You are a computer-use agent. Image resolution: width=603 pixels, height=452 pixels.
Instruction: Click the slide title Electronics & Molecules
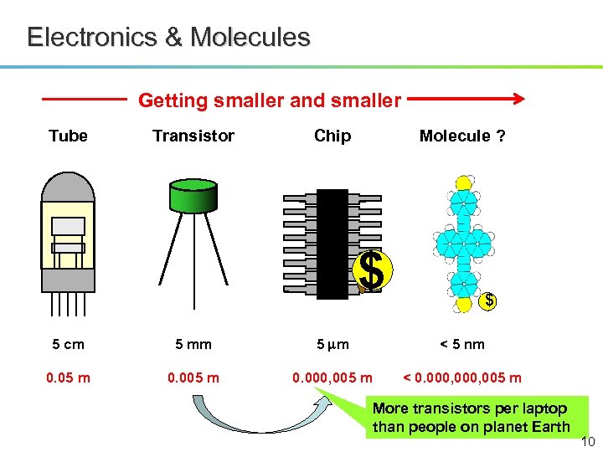[168, 38]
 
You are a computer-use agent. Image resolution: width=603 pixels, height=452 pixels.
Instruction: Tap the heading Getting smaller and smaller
[270, 101]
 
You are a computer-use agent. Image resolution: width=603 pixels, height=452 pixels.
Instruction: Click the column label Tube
[68, 136]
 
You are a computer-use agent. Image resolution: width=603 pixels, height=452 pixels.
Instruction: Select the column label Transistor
[193, 136]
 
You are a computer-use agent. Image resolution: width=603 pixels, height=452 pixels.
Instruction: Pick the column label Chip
[332, 136]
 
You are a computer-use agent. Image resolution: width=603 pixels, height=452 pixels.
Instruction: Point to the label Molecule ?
[462, 136]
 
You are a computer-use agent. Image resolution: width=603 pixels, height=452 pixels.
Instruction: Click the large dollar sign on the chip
[372, 270]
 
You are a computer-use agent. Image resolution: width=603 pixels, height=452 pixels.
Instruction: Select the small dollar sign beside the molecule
[490, 300]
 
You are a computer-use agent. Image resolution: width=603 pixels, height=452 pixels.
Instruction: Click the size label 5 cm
[68, 344]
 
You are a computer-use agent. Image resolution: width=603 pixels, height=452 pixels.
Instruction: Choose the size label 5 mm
[193, 344]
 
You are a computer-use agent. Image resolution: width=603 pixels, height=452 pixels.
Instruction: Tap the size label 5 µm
[332, 344]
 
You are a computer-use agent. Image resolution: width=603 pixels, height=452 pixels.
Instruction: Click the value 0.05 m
[68, 378]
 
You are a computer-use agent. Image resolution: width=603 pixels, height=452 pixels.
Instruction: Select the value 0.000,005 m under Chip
[332, 378]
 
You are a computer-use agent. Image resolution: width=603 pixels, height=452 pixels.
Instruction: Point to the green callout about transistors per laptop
[470, 418]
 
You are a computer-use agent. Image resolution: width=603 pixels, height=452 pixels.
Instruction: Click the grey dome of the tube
[68, 186]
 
